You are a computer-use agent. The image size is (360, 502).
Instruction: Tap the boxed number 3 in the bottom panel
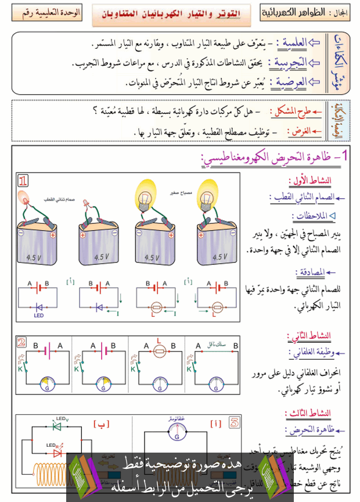tap(233, 422)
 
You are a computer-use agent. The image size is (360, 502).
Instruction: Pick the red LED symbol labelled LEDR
tap(56, 451)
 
